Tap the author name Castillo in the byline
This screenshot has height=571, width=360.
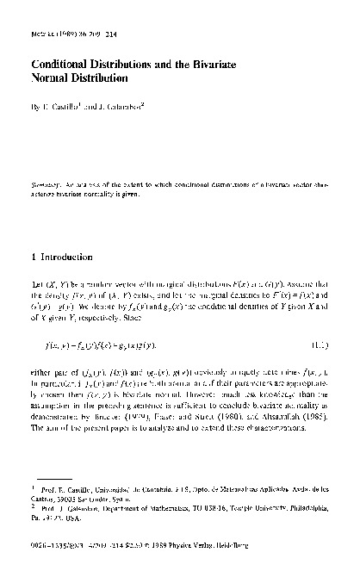pos(73,108)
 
